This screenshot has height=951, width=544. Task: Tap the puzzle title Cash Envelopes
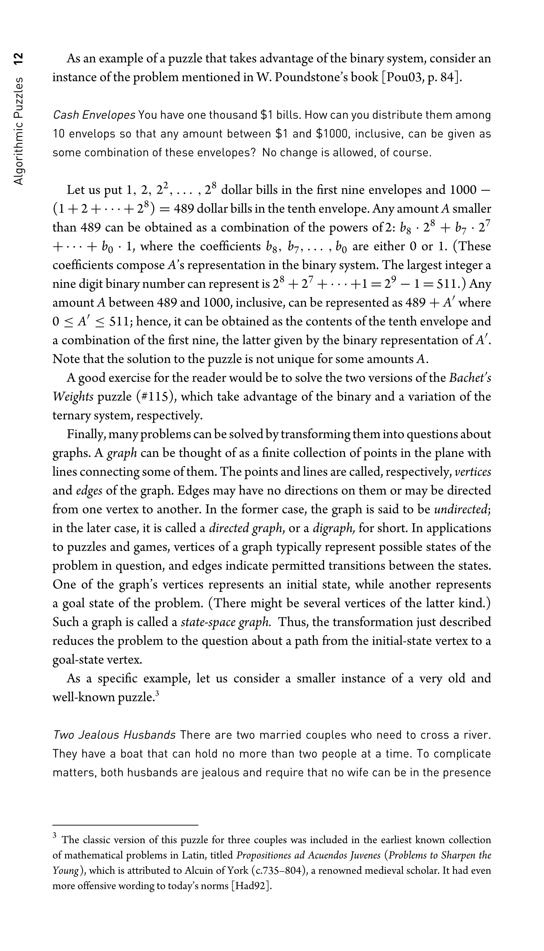click(x=94, y=115)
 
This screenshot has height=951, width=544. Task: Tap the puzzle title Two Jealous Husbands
click(x=114, y=735)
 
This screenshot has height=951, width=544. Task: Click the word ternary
click(x=69, y=416)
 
